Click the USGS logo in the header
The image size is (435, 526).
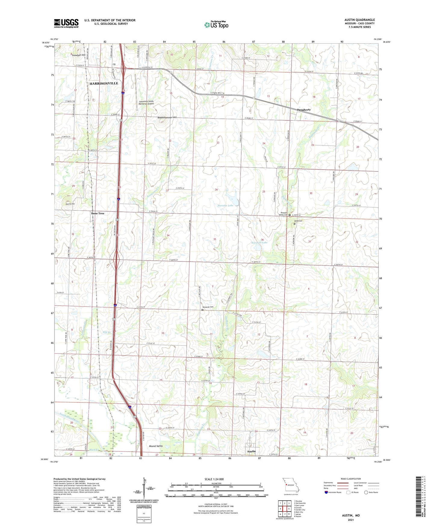click(66, 23)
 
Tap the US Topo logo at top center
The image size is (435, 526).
click(216, 25)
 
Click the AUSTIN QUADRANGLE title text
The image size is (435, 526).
click(359, 20)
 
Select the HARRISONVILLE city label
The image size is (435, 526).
click(104, 83)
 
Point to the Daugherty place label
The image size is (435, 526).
click(303, 110)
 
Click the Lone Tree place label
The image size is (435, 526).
click(98, 213)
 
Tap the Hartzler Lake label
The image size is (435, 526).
click(225, 205)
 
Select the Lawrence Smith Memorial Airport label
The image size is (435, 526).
click(146, 102)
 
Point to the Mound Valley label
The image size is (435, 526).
click(156, 446)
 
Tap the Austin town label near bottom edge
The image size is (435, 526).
click(251, 451)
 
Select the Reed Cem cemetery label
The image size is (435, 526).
click(298, 221)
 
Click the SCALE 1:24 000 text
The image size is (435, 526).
click(214, 479)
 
